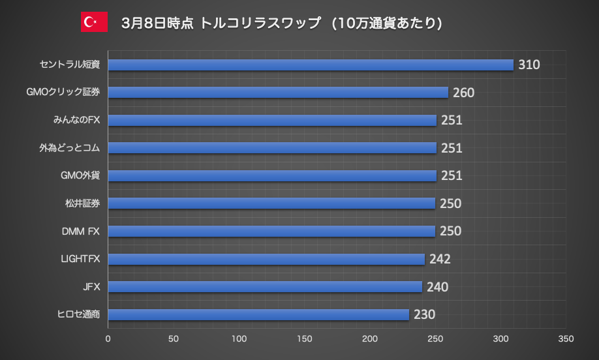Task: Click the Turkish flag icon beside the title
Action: [94, 22]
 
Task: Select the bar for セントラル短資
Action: [311, 65]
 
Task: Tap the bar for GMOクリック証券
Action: [278, 93]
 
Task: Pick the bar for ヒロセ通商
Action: [258, 314]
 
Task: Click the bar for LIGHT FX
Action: [266, 259]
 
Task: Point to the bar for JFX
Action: [265, 287]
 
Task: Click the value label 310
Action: [529, 65]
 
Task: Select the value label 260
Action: [463, 93]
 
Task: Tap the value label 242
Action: [440, 259]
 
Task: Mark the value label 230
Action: [424, 314]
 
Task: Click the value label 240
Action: [437, 287]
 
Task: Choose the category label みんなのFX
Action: [76, 120]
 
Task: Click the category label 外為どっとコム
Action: [69, 148]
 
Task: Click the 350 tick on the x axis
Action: [566, 339]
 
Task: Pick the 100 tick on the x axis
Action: [239, 339]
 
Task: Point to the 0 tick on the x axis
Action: [108, 339]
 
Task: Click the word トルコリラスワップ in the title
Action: [261, 22]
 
